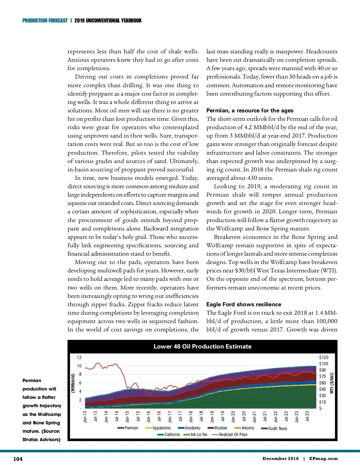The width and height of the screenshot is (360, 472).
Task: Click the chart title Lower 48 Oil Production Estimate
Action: click(x=202, y=346)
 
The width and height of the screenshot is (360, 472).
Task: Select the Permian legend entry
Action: click(x=131, y=428)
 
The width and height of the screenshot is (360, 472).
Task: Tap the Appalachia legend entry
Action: click(x=161, y=428)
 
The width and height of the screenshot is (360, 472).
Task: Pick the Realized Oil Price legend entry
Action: click(x=233, y=435)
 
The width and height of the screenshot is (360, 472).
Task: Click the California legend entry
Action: click(x=172, y=435)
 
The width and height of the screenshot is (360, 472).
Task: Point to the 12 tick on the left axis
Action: click(x=79, y=358)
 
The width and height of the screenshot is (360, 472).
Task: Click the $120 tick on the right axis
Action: click(x=324, y=358)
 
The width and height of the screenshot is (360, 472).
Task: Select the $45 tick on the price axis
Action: click(x=322, y=389)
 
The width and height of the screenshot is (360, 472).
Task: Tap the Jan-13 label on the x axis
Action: click(x=85, y=417)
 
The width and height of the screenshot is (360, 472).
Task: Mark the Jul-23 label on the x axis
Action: click(x=307, y=416)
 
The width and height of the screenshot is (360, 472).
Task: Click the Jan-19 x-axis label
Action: click(x=212, y=417)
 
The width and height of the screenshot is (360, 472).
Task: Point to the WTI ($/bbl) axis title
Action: click(x=332, y=383)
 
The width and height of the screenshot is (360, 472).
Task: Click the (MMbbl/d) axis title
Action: click(x=73, y=383)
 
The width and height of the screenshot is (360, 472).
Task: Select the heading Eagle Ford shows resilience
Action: click(x=244, y=304)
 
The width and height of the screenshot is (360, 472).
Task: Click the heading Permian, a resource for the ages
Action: click(x=250, y=111)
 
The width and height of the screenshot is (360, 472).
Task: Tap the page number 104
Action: click(x=18, y=459)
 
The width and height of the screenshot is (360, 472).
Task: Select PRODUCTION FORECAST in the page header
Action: click(x=45, y=21)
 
